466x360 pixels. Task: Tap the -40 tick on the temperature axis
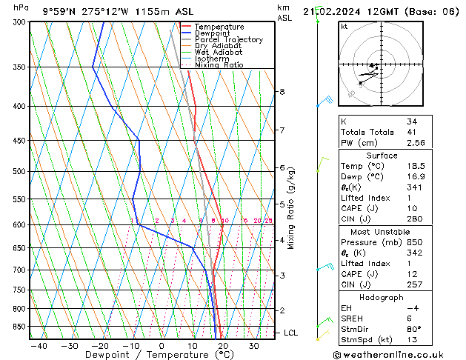point(39,345)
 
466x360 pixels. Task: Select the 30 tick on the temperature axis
point(253,345)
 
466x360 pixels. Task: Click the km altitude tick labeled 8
point(282,92)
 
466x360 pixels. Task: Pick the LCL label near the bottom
point(291,333)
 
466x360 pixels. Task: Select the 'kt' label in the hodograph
point(344,27)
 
